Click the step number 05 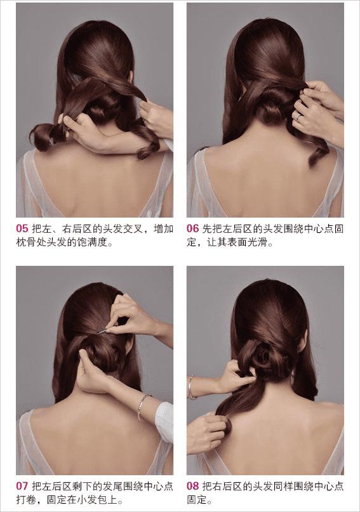click(22, 228)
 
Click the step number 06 click(193, 228)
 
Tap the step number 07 click(22, 486)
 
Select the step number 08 click(193, 486)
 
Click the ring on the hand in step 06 click(298, 117)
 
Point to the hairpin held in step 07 click(103, 331)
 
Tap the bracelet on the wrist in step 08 click(190, 387)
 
